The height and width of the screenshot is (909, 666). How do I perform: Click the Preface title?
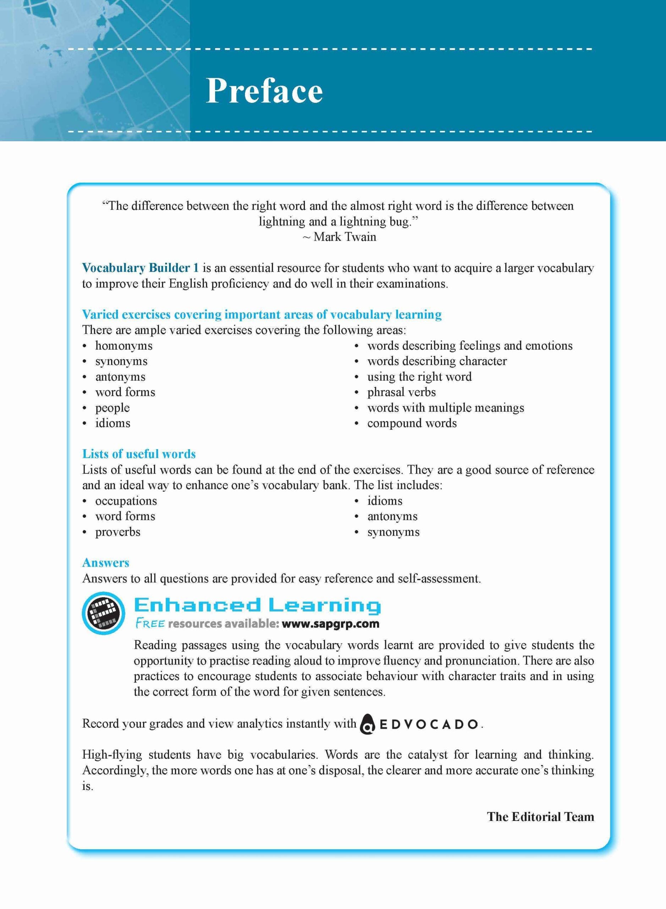click(x=264, y=91)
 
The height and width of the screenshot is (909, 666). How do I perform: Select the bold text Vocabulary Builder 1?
click(x=140, y=268)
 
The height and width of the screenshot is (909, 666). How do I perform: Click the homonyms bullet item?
click(x=124, y=345)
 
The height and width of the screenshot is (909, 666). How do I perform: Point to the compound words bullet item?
click(x=411, y=423)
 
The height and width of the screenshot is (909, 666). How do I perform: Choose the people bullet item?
click(x=113, y=408)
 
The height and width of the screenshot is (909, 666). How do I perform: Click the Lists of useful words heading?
click(x=139, y=454)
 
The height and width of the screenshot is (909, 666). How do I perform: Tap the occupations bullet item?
click(x=126, y=501)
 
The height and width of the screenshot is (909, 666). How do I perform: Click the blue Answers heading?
click(x=106, y=563)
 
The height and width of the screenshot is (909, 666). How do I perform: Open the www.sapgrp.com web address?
click(x=331, y=624)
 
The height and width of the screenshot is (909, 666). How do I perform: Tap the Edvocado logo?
click(x=419, y=724)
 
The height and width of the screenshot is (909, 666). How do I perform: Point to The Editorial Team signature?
click(x=540, y=817)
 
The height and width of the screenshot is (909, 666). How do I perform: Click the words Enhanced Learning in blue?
click(x=257, y=606)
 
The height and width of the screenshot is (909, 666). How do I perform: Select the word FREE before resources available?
click(x=149, y=624)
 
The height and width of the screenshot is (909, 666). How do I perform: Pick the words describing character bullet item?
click(x=437, y=361)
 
